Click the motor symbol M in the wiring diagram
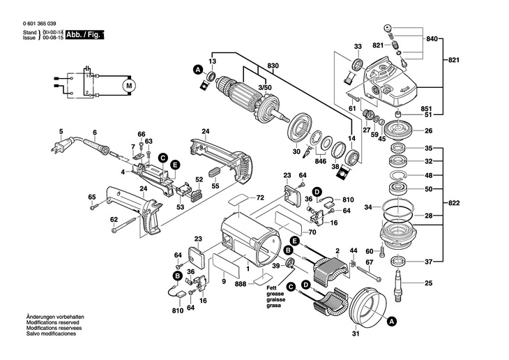(x=127, y=84)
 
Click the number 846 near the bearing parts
(x=320, y=160)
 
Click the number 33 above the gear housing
(x=358, y=46)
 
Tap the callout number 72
(x=260, y=198)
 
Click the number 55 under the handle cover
(x=215, y=187)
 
